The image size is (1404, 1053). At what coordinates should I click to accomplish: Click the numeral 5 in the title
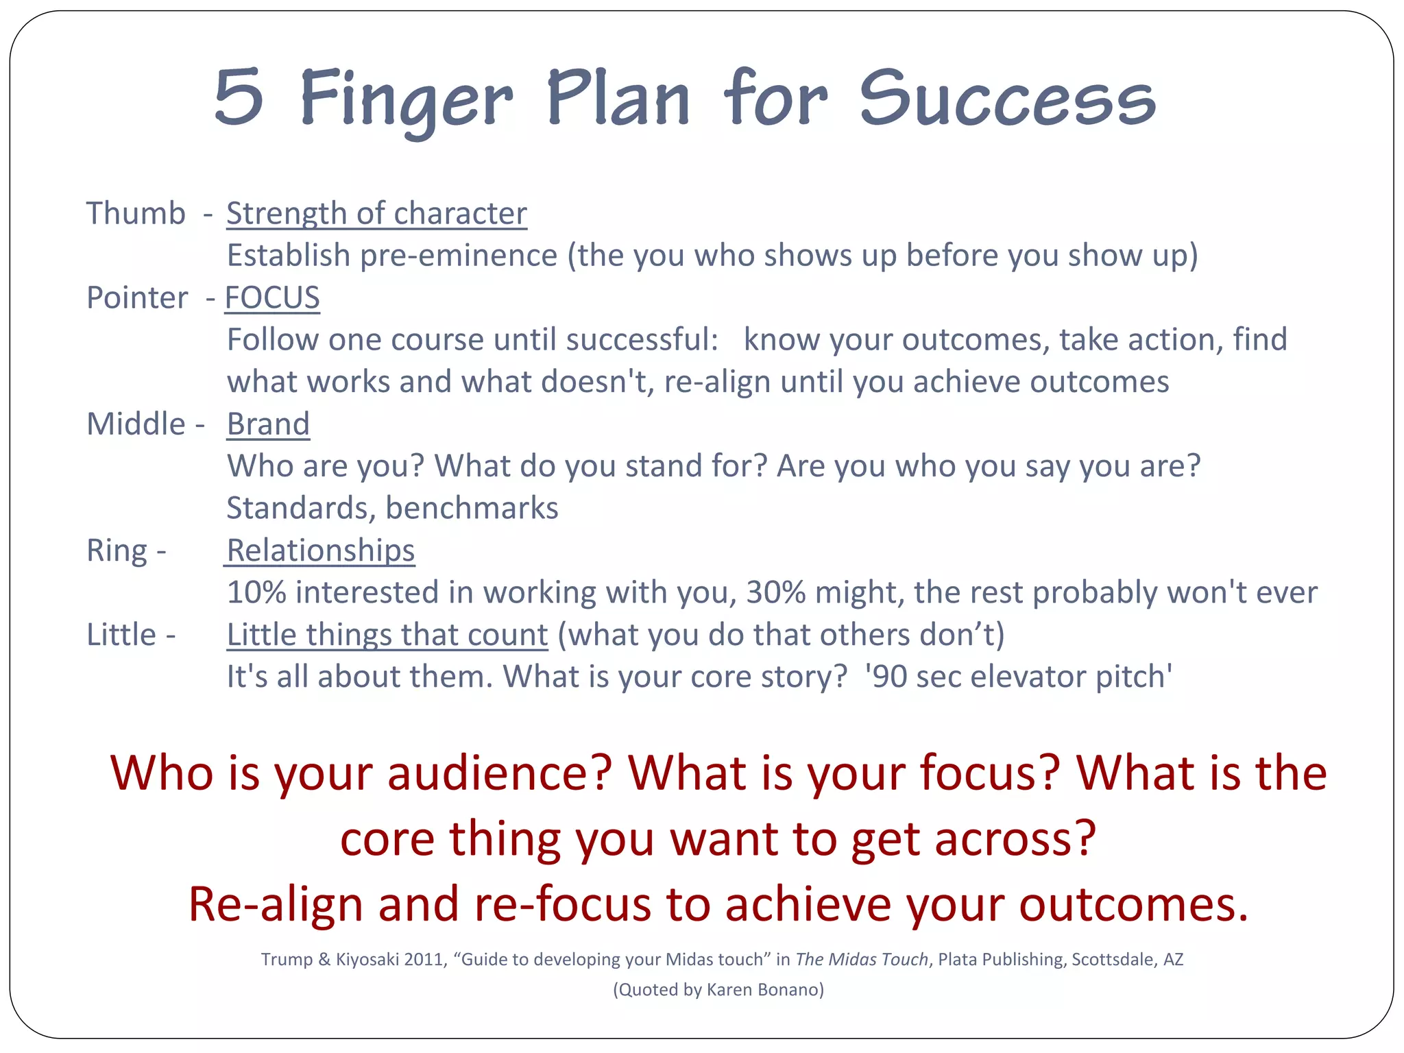(x=239, y=97)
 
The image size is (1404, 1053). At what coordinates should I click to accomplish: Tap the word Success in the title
(x=1007, y=99)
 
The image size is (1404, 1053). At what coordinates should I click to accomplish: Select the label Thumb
(x=136, y=213)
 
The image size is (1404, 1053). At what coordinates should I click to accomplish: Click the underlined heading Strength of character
(x=376, y=213)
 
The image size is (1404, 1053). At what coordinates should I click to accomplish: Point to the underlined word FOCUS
(x=272, y=298)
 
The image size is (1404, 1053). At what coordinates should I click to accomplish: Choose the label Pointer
(x=137, y=298)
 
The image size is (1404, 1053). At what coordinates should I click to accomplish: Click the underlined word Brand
(x=268, y=424)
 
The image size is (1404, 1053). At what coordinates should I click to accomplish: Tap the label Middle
(x=136, y=424)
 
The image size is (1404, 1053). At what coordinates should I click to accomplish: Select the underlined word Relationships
(x=320, y=550)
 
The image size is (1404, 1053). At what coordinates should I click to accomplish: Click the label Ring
(x=117, y=550)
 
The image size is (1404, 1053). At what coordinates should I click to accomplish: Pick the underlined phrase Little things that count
(x=387, y=635)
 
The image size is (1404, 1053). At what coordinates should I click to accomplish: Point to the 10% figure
(x=256, y=592)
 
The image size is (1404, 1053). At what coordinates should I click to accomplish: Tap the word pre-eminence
(x=459, y=256)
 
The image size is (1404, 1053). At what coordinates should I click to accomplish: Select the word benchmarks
(x=472, y=508)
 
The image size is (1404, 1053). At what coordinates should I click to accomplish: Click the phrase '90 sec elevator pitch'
(x=1018, y=677)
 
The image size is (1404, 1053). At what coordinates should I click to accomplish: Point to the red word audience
(x=498, y=773)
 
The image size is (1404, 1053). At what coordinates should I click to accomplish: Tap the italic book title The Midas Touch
(x=861, y=959)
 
